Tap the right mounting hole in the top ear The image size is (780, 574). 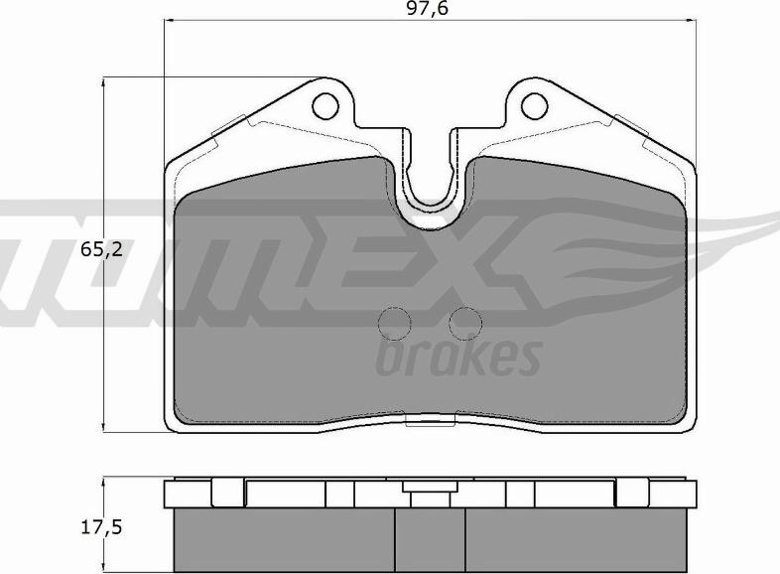(535, 104)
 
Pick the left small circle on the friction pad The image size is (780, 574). (395, 322)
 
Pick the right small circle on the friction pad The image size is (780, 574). (463, 322)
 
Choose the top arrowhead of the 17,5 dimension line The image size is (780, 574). (106, 483)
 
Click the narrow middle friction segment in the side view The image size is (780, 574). (430, 540)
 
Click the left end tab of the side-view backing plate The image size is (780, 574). (171, 494)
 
